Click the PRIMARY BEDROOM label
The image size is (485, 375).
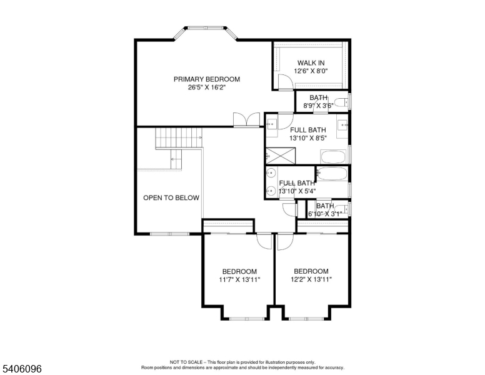[206, 79]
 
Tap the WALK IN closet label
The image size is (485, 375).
[311, 62]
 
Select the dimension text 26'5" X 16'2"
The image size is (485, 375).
[206, 87]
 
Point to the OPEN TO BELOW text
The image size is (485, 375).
[171, 198]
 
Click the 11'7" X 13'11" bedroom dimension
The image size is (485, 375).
[239, 279]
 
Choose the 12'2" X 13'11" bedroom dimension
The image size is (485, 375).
[311, 279]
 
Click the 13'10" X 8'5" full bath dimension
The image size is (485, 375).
[307, 138]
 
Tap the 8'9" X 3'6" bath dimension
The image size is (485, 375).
[318, 106]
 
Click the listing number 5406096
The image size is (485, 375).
[21, 369]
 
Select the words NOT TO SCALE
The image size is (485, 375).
[188, 362]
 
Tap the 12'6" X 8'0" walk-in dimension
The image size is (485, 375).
[311, 71]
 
